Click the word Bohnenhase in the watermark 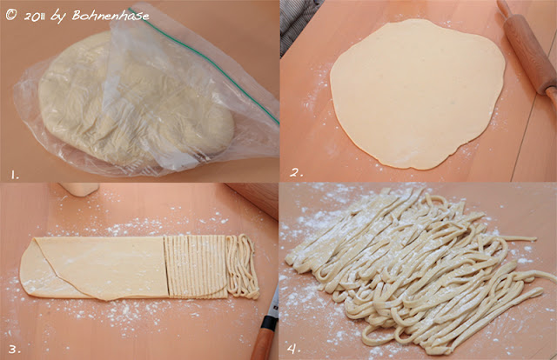click(x=111, y=16)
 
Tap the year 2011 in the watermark click(x=35, y=17)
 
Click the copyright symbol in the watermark click(x=11, y=15)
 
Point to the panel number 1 click(x=15, y=175)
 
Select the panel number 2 click(x=296, y=173)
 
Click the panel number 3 click(x=14, y=350)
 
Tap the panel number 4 click(x=293, y=349)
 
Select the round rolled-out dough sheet click(x=418, y=94)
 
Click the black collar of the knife click(x=269, y=323)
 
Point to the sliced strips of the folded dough click(x=195, y=266)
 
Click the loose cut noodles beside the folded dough click(x=243, y=266)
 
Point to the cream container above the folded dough click(x=79, y=189)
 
